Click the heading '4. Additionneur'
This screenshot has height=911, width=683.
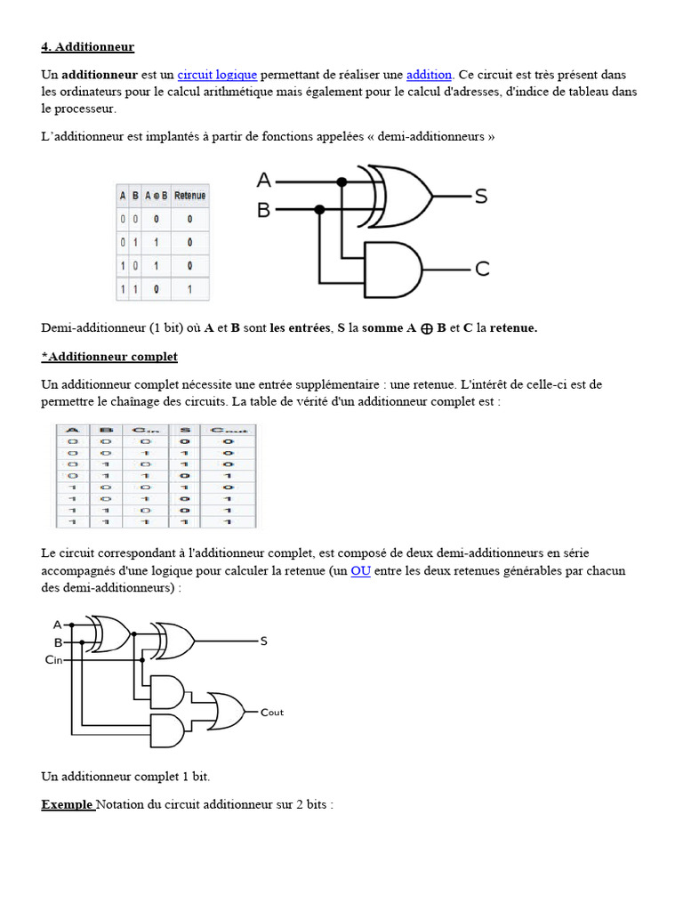[87, 46]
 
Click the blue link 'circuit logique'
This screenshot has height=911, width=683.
[217, 75]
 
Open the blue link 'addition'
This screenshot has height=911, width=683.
[430, 75]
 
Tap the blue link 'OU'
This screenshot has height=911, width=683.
[360, 571]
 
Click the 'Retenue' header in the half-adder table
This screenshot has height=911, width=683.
[189, 196]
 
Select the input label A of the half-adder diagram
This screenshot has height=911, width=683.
[264, 181]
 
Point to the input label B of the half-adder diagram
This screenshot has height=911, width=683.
[264, 210]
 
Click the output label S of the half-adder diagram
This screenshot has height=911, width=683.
[481, 197]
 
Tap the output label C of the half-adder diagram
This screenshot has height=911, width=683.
[481, 269]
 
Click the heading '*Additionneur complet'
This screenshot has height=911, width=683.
[109, 357]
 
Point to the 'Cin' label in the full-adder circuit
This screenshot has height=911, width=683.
[54, 660]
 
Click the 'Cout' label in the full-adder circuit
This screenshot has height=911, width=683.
[272, 712]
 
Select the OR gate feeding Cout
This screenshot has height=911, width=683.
[226, 709]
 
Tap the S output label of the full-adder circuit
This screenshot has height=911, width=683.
[263, 641]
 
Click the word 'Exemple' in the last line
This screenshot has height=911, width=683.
[67, 805]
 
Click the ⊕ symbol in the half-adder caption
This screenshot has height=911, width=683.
[427, 328]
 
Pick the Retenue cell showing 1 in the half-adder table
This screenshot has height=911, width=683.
[189, 289]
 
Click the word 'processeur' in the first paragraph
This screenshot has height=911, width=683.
[84, 109]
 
